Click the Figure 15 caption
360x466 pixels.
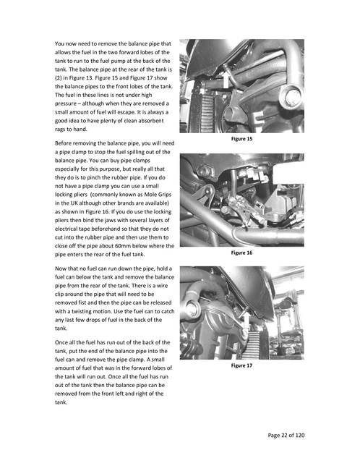click(x=241, y=139)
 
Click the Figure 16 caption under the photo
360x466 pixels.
click(x=241, y=253)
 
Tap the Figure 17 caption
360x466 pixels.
click(x=241, y=365)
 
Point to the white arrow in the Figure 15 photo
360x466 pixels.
click(x=226, y=81)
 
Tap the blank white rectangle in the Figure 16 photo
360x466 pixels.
click(x=288, y=174)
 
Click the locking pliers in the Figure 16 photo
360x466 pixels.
click(x=244, y=211)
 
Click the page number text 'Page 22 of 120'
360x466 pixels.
click(x=286, y=435)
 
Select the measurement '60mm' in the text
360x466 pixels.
click(x=124, y=246)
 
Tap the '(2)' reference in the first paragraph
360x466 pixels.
click(x=58, y=78)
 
